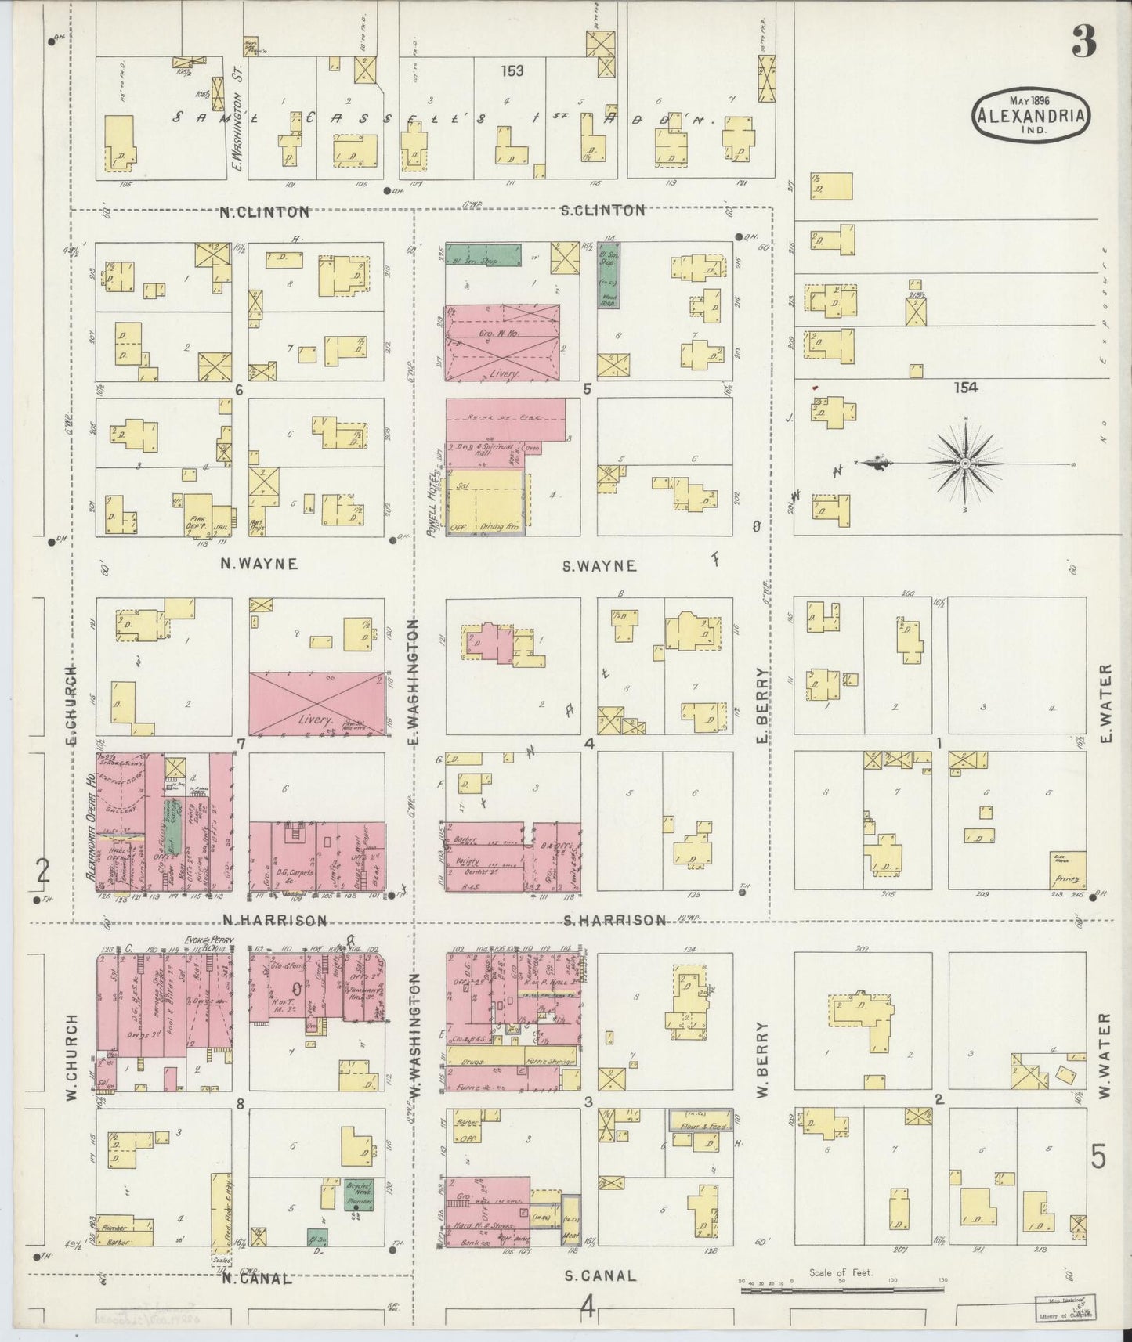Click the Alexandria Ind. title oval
point(1030,117)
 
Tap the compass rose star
point(965,464)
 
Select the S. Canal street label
point(600,1275)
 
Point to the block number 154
point(966,387)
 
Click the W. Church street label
point(71,1057)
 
